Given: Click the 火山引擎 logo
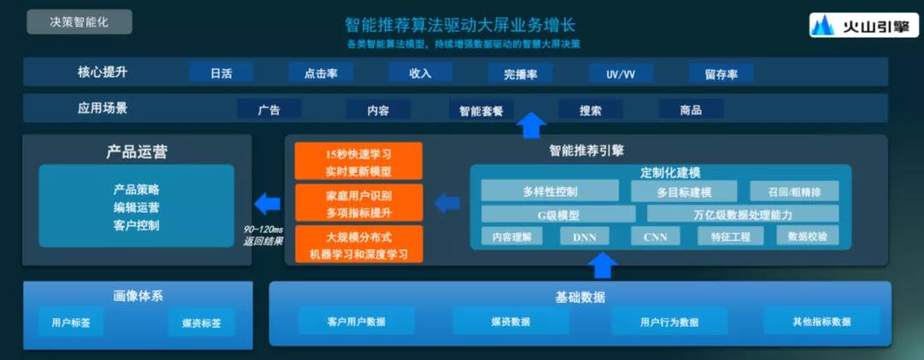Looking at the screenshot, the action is pyautogui.click(x=864, y=26).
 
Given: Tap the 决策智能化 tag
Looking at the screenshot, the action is pyautogui.click(x=79, y=21).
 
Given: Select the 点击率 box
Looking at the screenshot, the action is pyautogui.click(x=321, y=73).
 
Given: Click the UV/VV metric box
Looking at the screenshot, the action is pyautogui.click(x=620, y=74).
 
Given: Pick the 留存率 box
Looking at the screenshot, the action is pyautogui.click(x=720, y=74).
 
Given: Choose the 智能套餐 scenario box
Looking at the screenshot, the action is pyautogui.click(x=481, y=109).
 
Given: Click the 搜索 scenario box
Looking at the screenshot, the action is pyautogui.click(x=590, y=109).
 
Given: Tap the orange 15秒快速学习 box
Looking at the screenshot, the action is pyautogui.click(x=358, y=161).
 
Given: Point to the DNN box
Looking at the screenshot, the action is pyautogui.click(x=584, y=237).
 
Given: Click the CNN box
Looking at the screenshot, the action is pyautogui.click(x=655, y=237).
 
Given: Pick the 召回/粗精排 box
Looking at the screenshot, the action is pyautogui.click(x=794, y=191).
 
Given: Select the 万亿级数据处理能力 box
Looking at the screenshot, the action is pyautogui.click(x=743, y=213).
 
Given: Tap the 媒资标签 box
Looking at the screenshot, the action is pyautogui.click(x=201, y=323).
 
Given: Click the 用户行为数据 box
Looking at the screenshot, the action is pyautogui.click(x=669, y=322).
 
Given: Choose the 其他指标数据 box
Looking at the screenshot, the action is pyautogui.click(x=821, y=322).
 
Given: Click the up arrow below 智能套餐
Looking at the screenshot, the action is pyautogui.click(x=531, y=126).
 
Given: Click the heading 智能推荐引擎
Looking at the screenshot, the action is pyautogui.click(x=586, y=150).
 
